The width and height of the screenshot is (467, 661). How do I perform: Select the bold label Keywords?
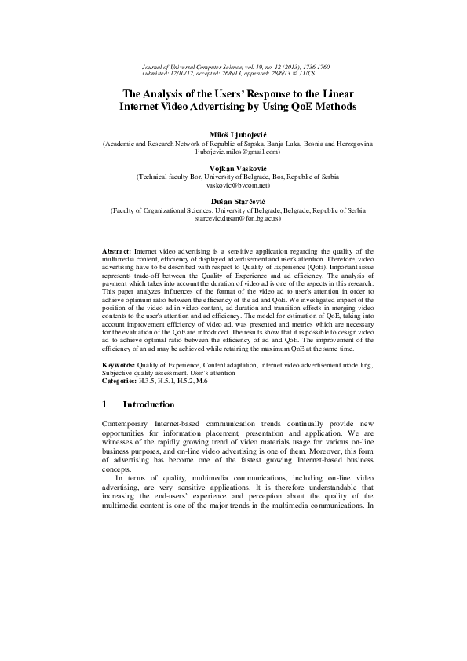(119, 366)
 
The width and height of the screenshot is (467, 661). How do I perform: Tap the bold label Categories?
(122, 381)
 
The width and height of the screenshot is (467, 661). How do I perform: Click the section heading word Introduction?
(148, 405)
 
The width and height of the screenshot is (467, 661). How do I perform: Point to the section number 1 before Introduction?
(105, 405)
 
